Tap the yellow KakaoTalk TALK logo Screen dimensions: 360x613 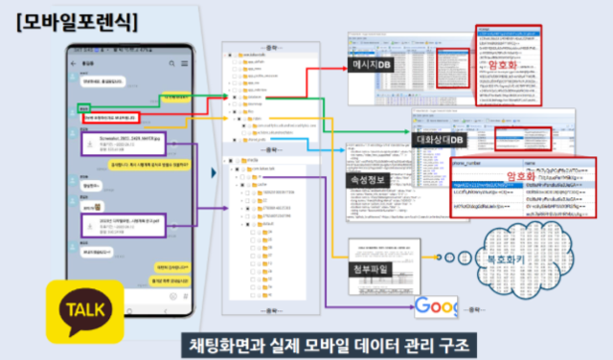pyautogui.click(x=85, y=308)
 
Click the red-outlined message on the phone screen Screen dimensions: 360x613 pyautogui.click(x=104, y=118)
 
